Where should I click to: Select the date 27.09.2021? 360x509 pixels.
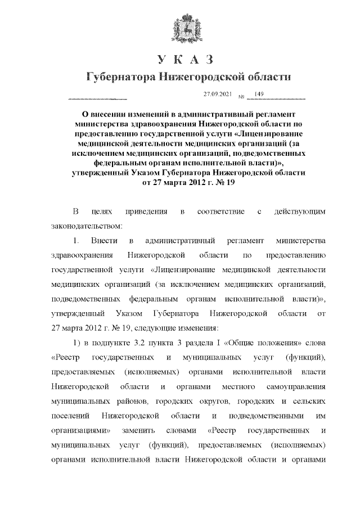(217, 93)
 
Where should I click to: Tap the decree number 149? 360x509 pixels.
(259, 93)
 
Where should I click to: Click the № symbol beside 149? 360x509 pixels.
(241, 96)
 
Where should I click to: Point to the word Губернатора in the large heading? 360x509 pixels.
(120, 77)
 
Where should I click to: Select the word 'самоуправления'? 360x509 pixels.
(294, 386)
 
